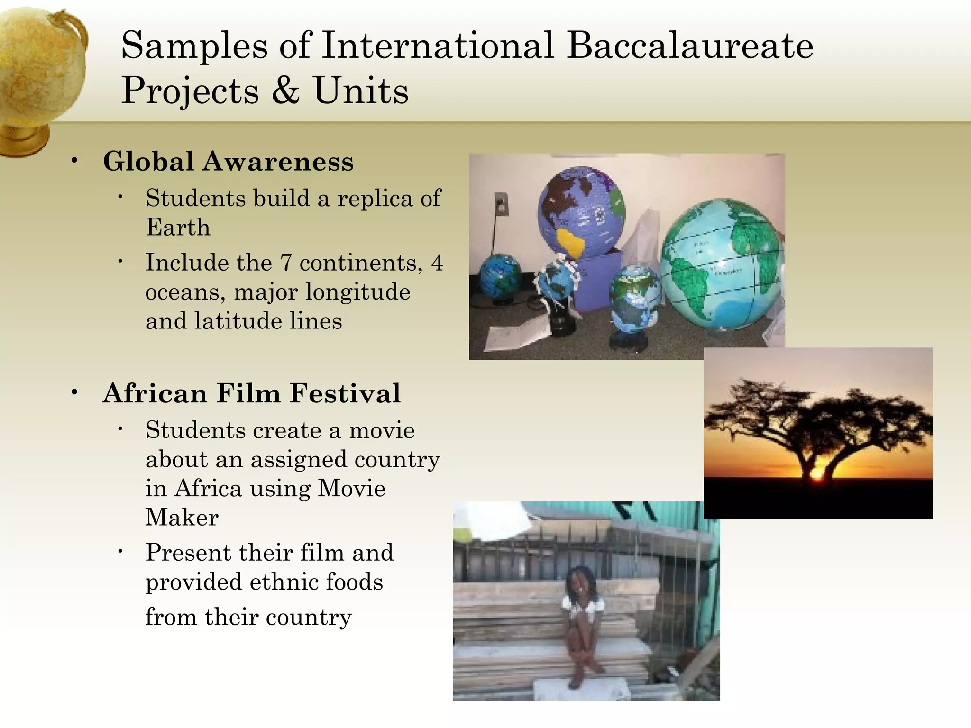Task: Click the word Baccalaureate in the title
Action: [690, 46]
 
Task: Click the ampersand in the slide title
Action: [286, 90]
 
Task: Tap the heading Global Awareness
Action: [228, 162]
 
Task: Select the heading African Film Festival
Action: [251, 393]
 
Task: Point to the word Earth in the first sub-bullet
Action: [178, 227]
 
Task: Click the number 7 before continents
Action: [285, 263]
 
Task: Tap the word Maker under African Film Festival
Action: [182, 517]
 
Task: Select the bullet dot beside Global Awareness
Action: [74, 160]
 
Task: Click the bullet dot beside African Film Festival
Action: [74, 392]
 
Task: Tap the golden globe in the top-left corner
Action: [40, 76]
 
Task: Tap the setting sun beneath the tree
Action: [816, 474]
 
